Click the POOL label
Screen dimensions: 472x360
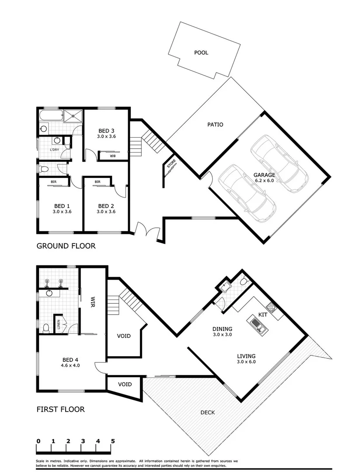click(201, 52)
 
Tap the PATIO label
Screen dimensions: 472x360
click(215, 125)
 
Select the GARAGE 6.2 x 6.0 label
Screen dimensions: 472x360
click(264, 177)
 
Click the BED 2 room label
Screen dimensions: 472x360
click(106, 208)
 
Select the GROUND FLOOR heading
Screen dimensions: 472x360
click(66, 246)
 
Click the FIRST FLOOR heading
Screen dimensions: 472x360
click(60, 410)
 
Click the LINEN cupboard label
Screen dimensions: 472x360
click(58, 324)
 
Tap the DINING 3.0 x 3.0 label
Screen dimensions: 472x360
click(222, 332)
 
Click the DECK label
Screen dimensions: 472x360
click(207, 412)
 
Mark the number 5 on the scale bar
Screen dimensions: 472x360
click(113, 441)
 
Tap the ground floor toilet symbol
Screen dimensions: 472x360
click(42, 168)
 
